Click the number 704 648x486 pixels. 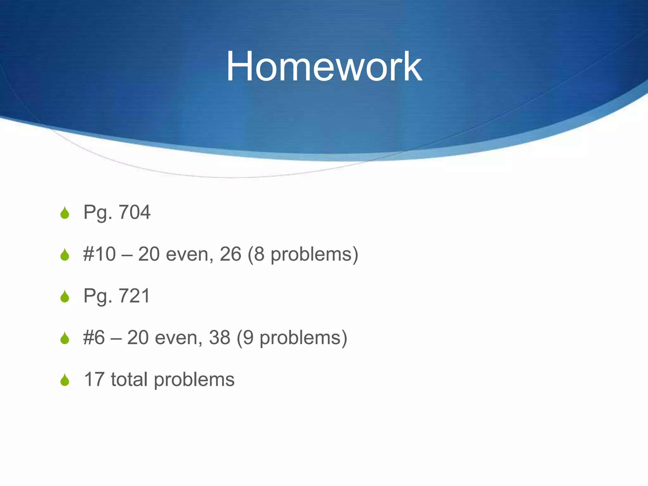(x=134, y=212)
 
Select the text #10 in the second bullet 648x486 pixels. (x=99, y=254)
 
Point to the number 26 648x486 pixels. (x=230, y=254)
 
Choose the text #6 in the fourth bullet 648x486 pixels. (x=94, y=338)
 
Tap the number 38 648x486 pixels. (x=220, y=338)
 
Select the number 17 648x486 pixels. (x=94, y=379)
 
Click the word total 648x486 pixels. (x=129, y=379)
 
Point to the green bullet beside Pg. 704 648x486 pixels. (x=65, y=213)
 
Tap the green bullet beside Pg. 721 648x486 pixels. (x=65, y=296)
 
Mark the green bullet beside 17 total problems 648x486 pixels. (x=65, y=380)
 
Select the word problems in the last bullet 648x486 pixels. (x=194, y=380)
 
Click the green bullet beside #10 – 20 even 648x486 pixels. (x=65, y=255)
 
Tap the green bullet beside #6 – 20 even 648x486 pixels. (x=65, y=338)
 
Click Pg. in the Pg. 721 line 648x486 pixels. (x=98, y=296)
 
